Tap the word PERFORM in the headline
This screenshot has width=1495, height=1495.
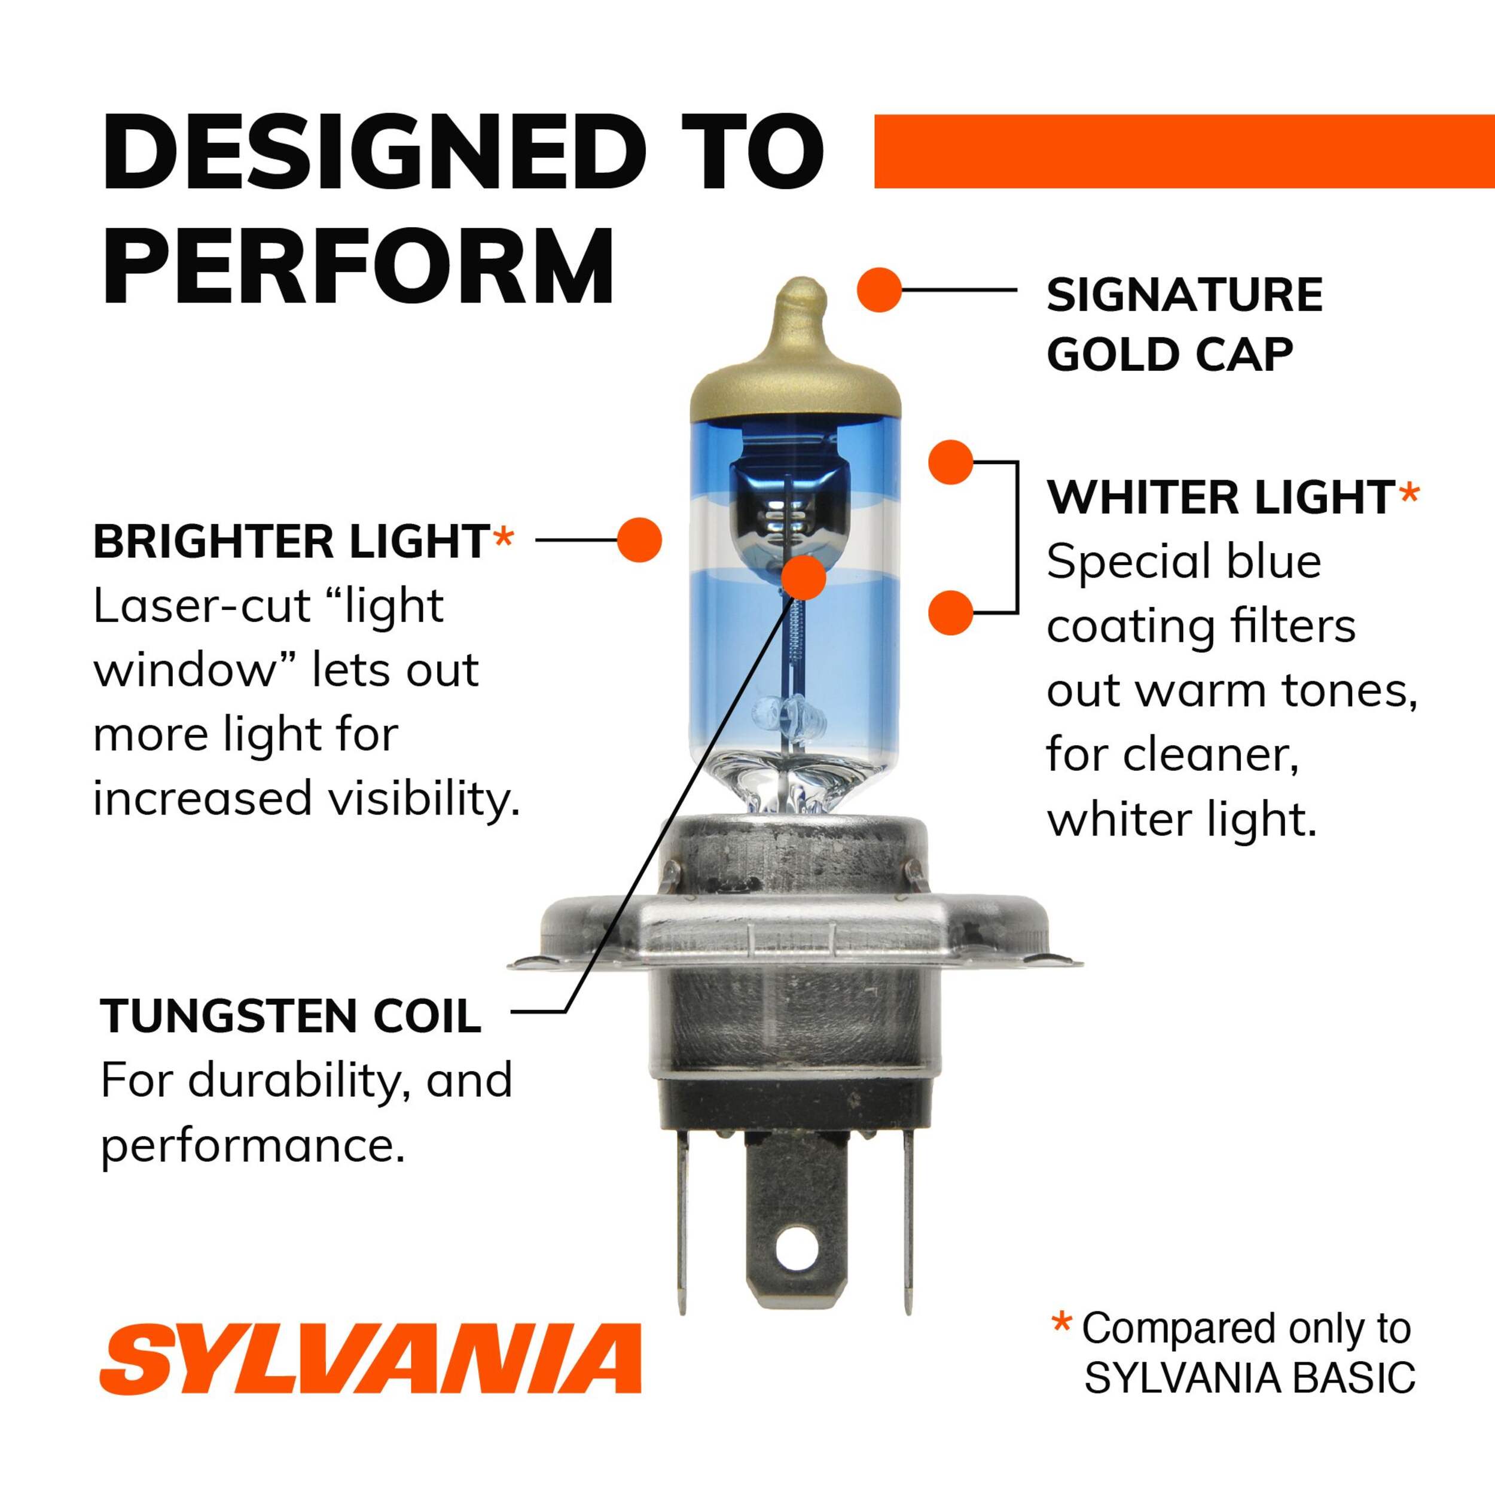point(358,266)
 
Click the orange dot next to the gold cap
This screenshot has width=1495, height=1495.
point(880,290)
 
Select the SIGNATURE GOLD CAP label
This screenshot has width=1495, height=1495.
point(1185,325)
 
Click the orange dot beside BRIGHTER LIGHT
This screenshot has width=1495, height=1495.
point(639,539)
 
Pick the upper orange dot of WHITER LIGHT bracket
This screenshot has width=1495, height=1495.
point(951,462)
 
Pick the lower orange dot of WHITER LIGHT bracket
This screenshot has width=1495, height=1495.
point(951,613)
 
